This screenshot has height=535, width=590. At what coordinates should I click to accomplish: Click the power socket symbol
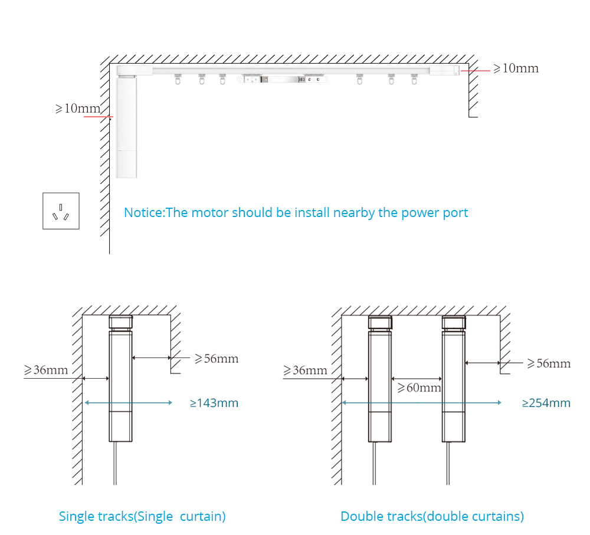click(x=61, y=211)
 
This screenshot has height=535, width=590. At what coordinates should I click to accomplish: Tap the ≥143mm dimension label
click(x=214, y=403)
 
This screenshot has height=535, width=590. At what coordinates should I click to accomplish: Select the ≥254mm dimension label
click(x=546, y=403)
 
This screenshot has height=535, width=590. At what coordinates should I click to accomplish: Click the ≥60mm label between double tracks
click(x=419, y=388)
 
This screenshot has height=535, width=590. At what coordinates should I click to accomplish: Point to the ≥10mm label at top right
click(x=516, y=68)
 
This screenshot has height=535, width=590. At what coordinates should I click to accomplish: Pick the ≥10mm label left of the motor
click(x=78, y=109)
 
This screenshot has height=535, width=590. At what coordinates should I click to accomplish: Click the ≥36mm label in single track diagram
click(x=46, y=370)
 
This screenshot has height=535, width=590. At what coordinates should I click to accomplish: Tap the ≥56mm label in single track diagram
click(x=217, y=358)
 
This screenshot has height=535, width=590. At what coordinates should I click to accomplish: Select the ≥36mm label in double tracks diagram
click(x=305, y=370)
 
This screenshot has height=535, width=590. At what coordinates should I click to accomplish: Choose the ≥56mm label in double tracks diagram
click(x=549, y=363)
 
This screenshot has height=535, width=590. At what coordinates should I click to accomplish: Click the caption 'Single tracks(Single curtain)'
click(x=142, y=517)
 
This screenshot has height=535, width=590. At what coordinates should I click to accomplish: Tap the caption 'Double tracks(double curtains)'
click(x=432, y=517)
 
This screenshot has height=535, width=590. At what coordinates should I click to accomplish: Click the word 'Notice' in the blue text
click(x=143, y=212)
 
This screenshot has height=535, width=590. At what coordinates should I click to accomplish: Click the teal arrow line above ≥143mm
click(x=129, y=403)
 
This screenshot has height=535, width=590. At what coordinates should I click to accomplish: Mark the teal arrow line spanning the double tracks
click(x=421, y=403)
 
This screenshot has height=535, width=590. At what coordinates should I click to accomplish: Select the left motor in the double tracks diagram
click(x=380, y=383)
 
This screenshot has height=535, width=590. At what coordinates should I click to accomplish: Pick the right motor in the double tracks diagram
click(x=454, y=383)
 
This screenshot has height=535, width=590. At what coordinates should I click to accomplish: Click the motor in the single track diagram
click(x=120, y=383)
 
